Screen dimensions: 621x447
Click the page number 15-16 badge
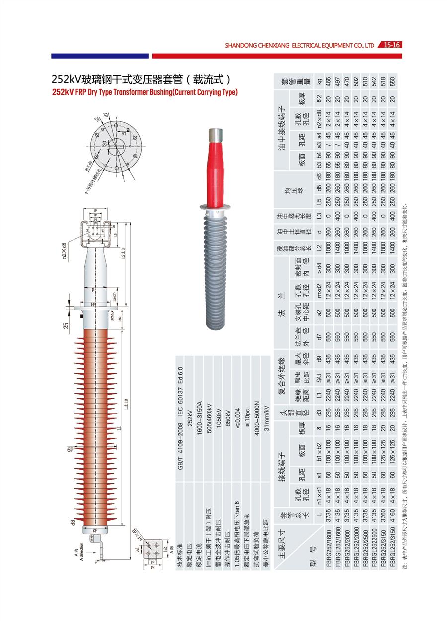(390, 45)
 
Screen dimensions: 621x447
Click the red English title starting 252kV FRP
(145, 92)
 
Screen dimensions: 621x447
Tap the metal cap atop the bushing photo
(216, 134)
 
